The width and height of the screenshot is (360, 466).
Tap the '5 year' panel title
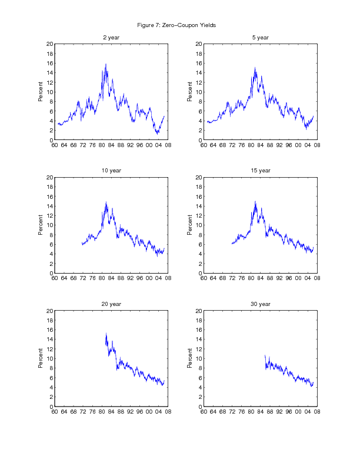click(260, 38)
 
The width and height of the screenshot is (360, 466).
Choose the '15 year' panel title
click(260, 171)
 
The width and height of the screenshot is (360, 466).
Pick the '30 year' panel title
click(260, 304)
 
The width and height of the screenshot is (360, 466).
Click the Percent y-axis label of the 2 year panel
click(41, 92)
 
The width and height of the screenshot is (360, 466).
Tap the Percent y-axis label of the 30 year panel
click(190, 358)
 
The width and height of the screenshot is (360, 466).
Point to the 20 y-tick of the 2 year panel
click(50, 44)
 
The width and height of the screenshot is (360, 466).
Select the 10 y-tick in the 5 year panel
click(199, 92)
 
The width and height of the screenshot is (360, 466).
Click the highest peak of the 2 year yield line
click(106, 64)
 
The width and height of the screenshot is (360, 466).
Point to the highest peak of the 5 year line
click(255, 68)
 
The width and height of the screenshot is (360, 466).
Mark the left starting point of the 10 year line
click(82, 243)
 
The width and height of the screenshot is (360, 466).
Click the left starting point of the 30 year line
click(265, 355)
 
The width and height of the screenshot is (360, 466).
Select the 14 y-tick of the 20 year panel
click(50, 339)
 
